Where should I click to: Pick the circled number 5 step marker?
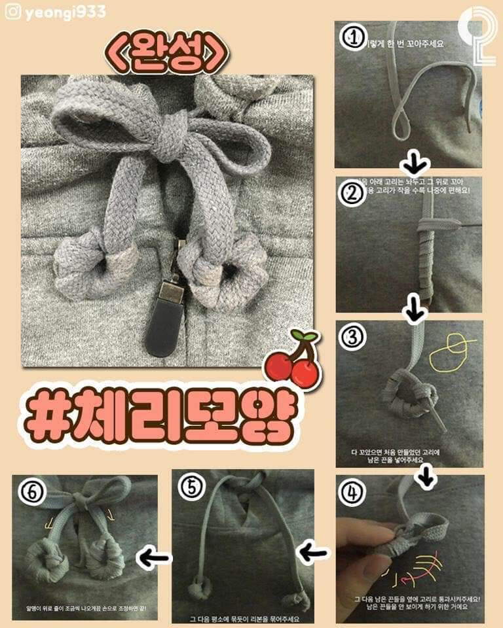189,487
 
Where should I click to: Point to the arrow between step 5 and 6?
153,557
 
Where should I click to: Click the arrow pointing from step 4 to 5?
313,553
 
